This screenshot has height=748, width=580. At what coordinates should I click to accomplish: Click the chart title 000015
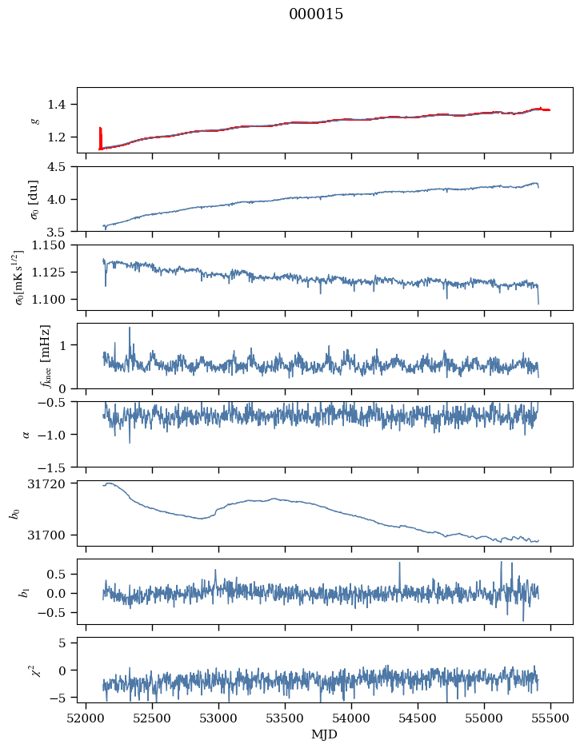pyautogui.click(x=315, y=14)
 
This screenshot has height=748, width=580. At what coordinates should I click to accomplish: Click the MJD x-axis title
pyautogui.click(x=325, y=734)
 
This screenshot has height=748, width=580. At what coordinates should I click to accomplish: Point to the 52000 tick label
pyautogui.click(x=86, y=719)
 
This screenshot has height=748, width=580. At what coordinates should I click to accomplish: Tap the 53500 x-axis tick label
pyautogui.click(x=285, y=719)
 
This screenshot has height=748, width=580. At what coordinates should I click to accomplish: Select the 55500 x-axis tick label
pyautogui.click(x=550, y=719)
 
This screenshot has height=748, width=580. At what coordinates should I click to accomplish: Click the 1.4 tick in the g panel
pyautogui.click(x=58, y=105)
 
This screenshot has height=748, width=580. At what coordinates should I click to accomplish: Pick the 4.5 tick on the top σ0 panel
pyautogui.click(x=58, y=166)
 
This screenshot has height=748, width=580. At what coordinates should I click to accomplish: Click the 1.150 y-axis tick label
pyautogui.click(x=50, y=245)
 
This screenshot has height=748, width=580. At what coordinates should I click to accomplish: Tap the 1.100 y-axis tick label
pyautogui.click(x=50, y=299)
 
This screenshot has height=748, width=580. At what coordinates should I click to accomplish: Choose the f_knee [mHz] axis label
pyautogui.click(x=46, y=356)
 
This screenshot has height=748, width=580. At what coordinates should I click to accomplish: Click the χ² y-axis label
pyautogui.click(x=35, y=670)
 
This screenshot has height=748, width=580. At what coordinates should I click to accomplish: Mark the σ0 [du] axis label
pyautogui.click(x=35, y=200)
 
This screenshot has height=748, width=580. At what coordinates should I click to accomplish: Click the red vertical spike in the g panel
pyautogui.click(x=100, y=138)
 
